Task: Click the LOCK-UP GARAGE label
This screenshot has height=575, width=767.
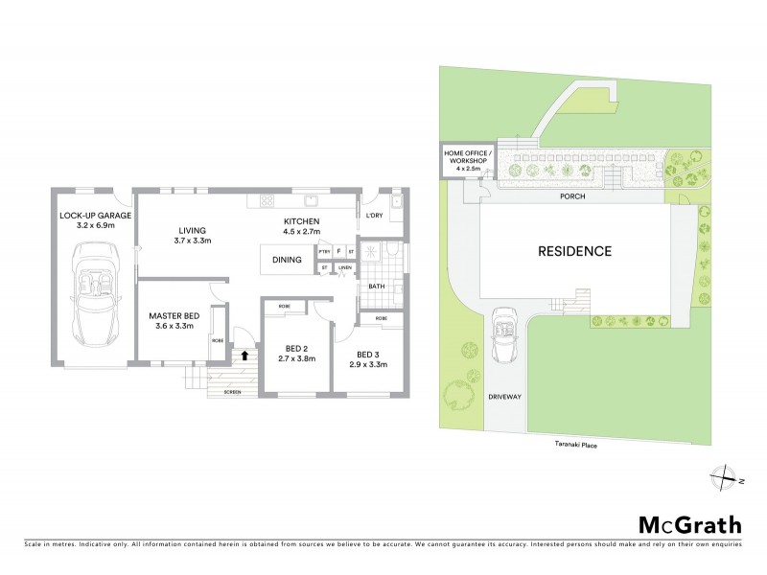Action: pos(94,216)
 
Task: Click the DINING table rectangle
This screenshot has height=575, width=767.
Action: pos(288,260)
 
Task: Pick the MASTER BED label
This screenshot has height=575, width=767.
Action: pos(174,316)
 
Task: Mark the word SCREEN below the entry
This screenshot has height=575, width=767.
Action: pos(232,393)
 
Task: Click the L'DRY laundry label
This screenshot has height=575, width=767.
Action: pos(376,216)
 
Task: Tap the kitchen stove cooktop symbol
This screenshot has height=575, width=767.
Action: pos(267,200)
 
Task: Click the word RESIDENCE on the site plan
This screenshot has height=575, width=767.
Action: pos(574,252)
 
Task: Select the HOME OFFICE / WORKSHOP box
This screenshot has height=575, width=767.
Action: pos(467,160)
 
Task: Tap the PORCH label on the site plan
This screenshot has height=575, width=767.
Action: pos(574,195)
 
